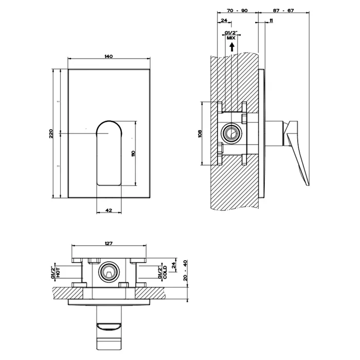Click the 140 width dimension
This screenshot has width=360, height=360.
coord(109,56)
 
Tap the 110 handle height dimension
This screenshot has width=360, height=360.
coord(133,153)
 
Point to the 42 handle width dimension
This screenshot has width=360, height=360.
coord(109,210)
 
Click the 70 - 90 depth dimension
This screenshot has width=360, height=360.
coord(237,10)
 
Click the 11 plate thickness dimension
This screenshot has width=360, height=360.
coord(271,20)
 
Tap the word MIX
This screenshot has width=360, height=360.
coord(231,38)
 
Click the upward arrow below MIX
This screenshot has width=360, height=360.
coord(231,46)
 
